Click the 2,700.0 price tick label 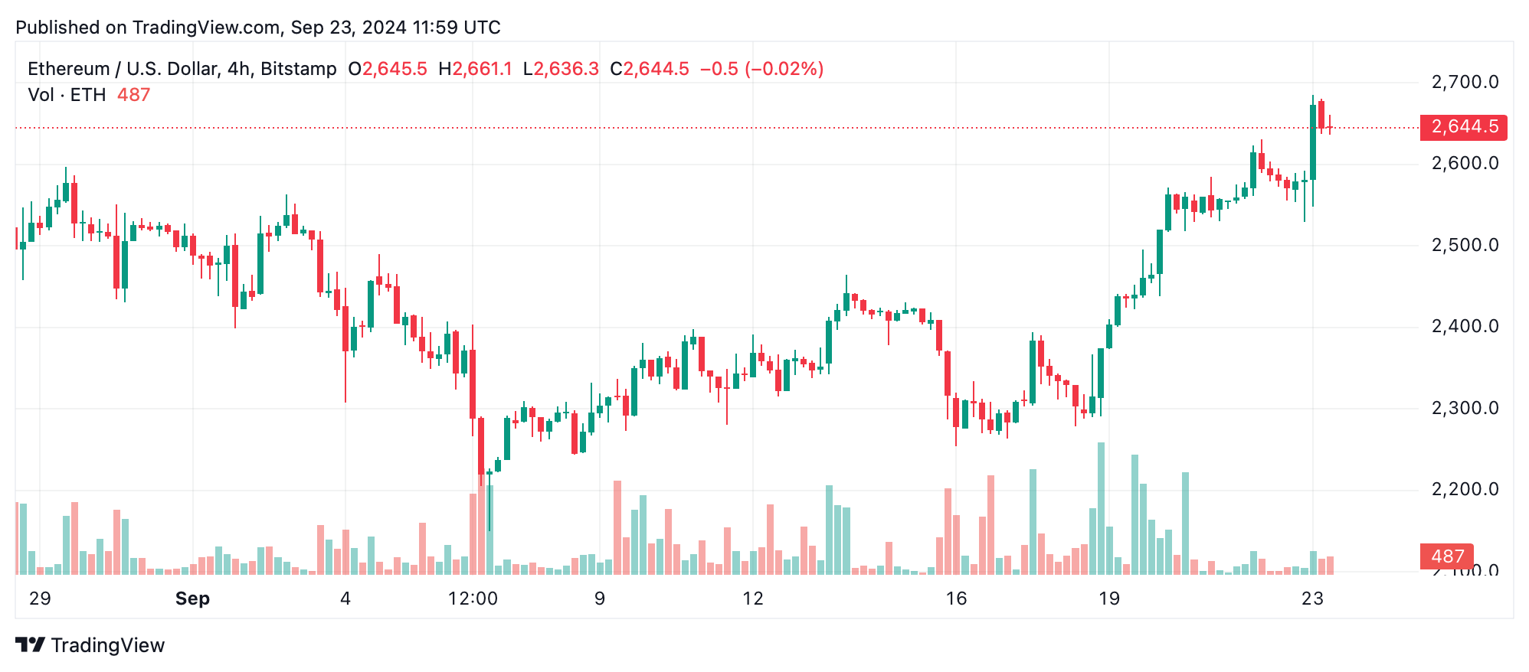[1465, 82]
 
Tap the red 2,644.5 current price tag [1463, 127]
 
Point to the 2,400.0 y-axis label [1465, 327]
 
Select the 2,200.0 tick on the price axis [1465, 490]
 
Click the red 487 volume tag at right [1446, 556]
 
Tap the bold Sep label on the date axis [192, 599]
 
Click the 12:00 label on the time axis [473, 599]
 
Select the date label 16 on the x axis [956, 599]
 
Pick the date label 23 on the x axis [1312, 599]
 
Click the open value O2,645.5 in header [388, 69]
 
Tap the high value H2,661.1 [475, 69]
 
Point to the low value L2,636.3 [561, 69]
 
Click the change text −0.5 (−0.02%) [761, 69]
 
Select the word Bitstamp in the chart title [298, 69]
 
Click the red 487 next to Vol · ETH [133, 95]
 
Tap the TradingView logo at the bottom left [90, 645]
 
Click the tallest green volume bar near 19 [1101, 509]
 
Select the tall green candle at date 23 [1313, 142]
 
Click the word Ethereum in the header [68, 69]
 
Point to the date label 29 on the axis [40, 599]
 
